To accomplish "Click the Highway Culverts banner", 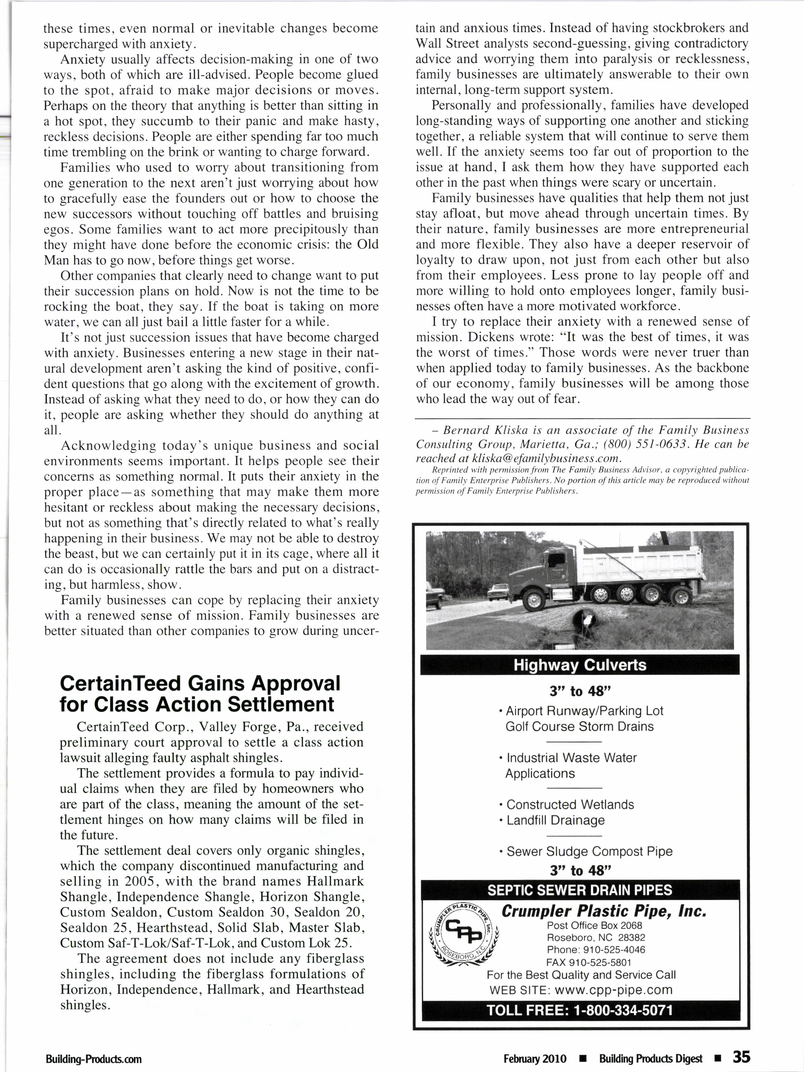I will [x=580, y=665].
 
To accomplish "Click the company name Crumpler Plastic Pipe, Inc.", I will [x=604, y=911].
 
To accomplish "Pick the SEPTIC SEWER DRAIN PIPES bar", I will [x=580, y=890].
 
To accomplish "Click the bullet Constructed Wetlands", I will [x=570, y=805].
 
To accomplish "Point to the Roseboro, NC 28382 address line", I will [x=596, y=937].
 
